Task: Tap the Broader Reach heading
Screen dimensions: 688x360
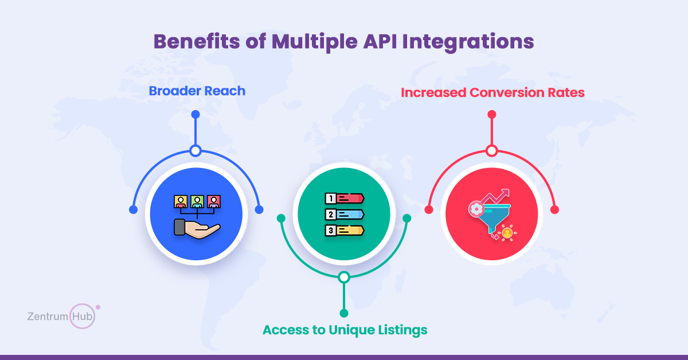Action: click(197, 91)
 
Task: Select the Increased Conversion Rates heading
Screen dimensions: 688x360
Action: click(492, 92)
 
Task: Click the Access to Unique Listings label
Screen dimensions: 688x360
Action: click(345, 330)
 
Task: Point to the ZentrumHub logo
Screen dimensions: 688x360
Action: click(64, 316)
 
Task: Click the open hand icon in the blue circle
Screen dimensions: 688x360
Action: click(197, 229)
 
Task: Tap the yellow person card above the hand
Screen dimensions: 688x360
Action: click(181, 202)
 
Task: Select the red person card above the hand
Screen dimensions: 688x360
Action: click(214, 202)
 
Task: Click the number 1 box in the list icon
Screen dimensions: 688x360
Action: click(330, 198)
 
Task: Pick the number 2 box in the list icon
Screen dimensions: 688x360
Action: click(330, 214)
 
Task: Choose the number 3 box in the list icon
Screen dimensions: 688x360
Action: click(330, 230)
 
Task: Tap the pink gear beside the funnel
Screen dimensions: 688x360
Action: click(476, 209)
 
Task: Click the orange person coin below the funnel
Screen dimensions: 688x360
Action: click(507, 233)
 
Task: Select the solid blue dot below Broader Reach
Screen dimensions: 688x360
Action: click(196, 115)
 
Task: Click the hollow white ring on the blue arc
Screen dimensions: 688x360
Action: click(196, 151)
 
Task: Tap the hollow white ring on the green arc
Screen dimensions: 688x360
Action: click(344, 277)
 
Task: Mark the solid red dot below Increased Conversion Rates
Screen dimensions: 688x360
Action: click(492, 115)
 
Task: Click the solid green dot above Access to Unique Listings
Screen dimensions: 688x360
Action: click(344, 314)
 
